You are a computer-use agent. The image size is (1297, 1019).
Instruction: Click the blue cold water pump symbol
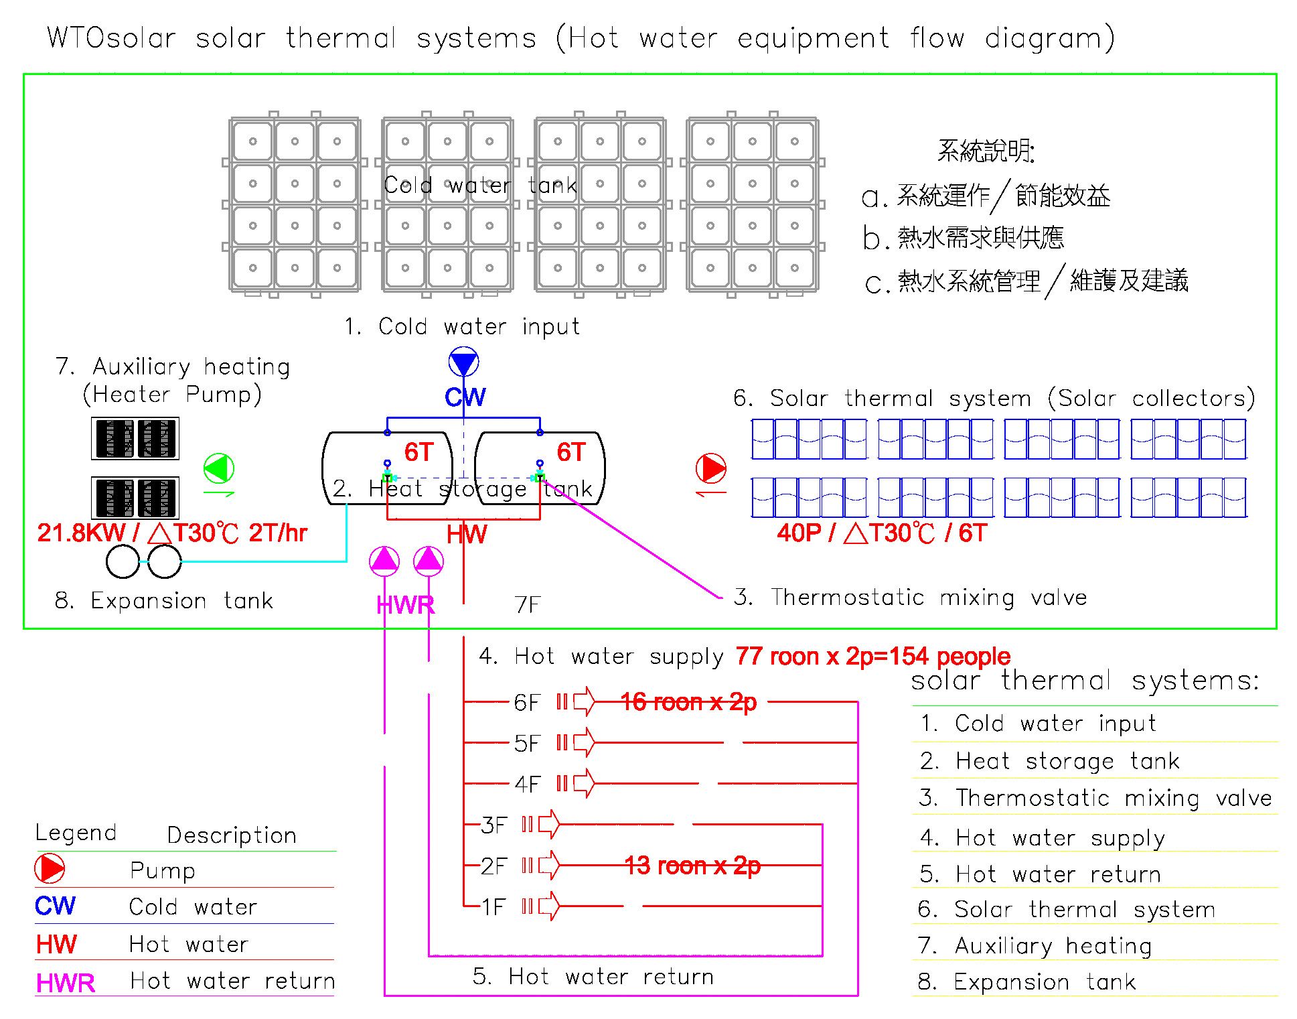pyautogui.click(x=463, y=362)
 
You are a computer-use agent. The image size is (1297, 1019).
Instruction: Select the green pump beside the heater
pyautogui.click(x=219, y=468)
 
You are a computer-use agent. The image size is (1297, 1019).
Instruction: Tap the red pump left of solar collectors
pyautogui.click(x=711, y=468)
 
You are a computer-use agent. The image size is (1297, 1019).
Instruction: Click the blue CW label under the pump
pyautogui.click(x=465, y=397)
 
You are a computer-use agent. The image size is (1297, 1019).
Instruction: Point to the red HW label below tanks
pyautogui.click(x=467, y=535)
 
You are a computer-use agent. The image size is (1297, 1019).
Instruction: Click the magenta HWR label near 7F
pyautogui.click(x=405, y=605)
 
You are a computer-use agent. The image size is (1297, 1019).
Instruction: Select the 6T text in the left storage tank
pyautogui.click(x=419, y=452)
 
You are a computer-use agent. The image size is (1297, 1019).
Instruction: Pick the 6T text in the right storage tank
pyautogui.click(x=572, y=452)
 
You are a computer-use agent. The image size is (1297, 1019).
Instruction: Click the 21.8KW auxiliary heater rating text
pyautogui.click(x=172, y=533)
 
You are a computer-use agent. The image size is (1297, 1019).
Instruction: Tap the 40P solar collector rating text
pyautogui.click(x=882, y=533)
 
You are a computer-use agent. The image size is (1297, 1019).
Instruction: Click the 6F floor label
pyautogui.click(x=527, y=703)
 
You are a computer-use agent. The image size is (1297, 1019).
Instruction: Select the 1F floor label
pyautogui.click(x=493, y=907)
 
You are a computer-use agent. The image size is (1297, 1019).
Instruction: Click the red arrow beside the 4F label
pyautogui.click(x=584, y=783)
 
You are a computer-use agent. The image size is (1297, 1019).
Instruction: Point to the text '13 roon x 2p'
pyautogui.click(x=692, y=866)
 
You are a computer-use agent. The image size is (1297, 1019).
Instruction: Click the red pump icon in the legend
pyautogui.click(x=50, y=869)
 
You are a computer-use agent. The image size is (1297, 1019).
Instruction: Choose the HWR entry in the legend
pyautogui.click(x=66, y=983)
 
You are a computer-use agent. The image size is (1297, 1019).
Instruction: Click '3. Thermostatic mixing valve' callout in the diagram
pyautogui.click(x=910, y=597)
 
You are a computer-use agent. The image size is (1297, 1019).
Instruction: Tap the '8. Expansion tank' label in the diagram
pyautogui.click(x=164, y=601)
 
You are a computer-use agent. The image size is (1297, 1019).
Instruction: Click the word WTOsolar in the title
pyautogui.click(x=111, y=38)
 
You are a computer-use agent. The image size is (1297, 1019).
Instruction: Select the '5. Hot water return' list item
pyautogui.click(x=1040, y=874)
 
